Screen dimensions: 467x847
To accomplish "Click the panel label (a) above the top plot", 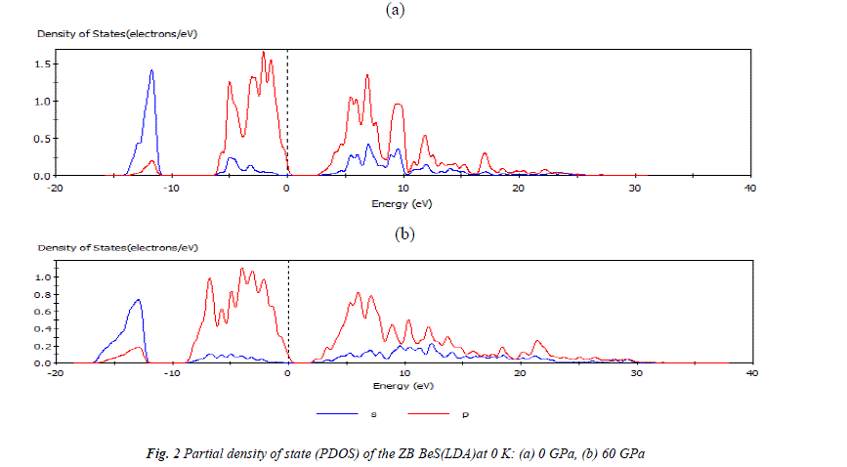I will tap(395, 10).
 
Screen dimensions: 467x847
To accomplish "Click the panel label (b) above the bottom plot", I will tap(404, 234).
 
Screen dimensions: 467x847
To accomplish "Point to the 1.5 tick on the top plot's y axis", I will tap(42, 64).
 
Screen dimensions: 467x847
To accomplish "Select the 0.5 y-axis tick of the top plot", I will tap(42, 139).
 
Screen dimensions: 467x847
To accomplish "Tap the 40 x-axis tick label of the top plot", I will tap(749, 187).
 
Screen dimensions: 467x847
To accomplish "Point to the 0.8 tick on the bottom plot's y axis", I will tap(42, 295).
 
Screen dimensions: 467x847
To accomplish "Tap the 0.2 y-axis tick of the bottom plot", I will tap(42, 347).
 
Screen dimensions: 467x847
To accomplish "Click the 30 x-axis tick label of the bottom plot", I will tap(634, 373).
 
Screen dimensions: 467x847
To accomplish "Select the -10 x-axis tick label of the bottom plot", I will tap(172, 373).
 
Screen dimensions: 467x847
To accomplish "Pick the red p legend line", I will tap(432, 414).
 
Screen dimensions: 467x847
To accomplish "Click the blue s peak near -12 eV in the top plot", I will tap(152, 70).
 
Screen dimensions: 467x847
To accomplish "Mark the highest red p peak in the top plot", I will tap(264, 53).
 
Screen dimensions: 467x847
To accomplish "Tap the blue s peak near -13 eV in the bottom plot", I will tap(139, 300).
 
